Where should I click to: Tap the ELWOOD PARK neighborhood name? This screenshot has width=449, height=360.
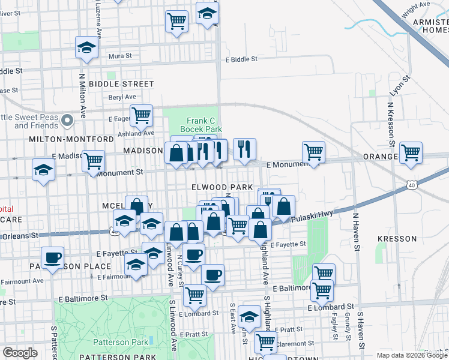tap(221, 188)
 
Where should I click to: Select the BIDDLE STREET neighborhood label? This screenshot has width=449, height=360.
tap(121, 84)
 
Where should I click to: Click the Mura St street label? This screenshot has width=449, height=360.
tap(119, 56)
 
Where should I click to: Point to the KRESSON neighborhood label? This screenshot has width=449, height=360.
tap(397, 239)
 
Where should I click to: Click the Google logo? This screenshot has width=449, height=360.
tap(20, 353)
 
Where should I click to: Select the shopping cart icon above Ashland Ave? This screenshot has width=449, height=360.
tap(141, 115)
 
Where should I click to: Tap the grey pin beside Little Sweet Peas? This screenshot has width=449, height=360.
tap(68, 121)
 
